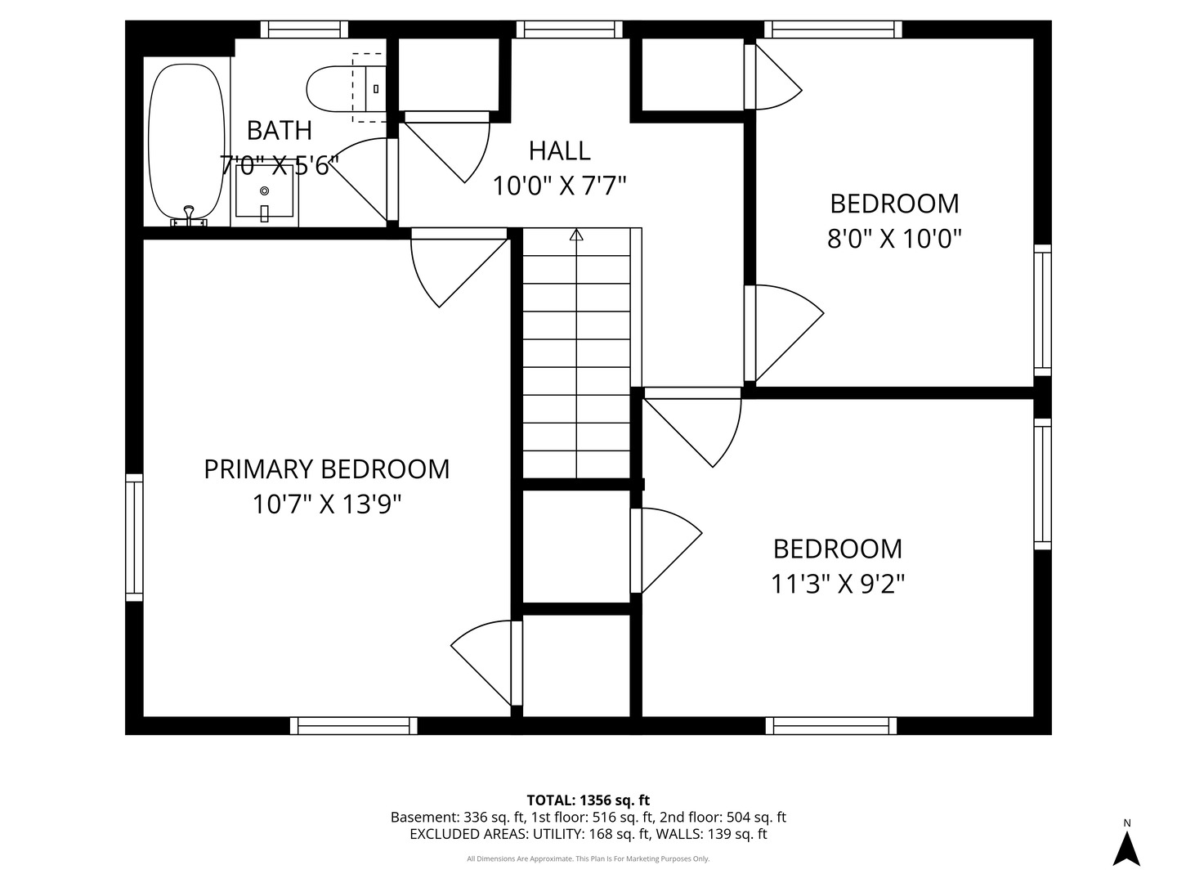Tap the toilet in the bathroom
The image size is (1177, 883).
pyautogui.click(x=346, y=89)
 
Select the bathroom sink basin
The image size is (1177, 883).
pyautogui.click(x=264, y=190)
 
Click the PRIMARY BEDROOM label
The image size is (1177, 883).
pyautogui.click(x=327, y=469)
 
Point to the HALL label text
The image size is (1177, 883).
pyautogui.click(x=559, y=150)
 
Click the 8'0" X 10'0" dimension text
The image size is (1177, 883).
pyautogui.click(x=894, y=238)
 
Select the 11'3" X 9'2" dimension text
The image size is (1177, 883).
pyautogui.click(x=838, y=584)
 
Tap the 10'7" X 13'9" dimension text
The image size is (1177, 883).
pyautogui.click(x=327, y=504)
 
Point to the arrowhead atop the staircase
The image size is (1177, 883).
pyautogui.click(x=576, y=235)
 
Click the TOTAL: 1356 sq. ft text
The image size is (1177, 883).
pyautogui.click(x=588, y=800)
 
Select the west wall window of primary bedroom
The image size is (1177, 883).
pyautogui.click(x=134, y=537)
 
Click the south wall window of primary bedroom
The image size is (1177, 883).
pyautogui.click(x=353, y=726)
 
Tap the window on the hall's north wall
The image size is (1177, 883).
pyautogui.click(x=570, y=29)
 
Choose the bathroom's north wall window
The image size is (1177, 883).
pyautogui.click(x=304, y=29)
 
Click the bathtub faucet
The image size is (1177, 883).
pyautogui.click(x=188, y=216)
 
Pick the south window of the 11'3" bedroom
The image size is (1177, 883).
pyautogui.click(x=830, y=726)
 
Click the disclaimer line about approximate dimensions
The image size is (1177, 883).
pyautogui.click(x=588, y=858)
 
